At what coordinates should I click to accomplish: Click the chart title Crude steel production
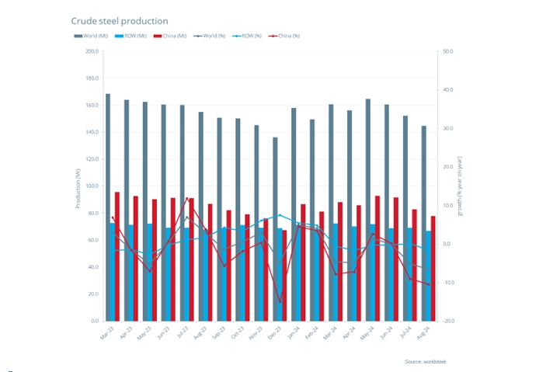coord(120,21)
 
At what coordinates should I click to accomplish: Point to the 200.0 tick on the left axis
coord(92,52)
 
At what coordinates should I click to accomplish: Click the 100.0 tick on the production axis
coord(92,186)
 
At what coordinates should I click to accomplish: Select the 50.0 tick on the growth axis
coord(448,52)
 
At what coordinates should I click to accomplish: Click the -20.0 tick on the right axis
coord(448,321)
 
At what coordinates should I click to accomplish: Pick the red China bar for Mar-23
coord(117,256)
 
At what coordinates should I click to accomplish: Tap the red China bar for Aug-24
coord(433,268)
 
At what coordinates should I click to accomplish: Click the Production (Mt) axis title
coord(78,186)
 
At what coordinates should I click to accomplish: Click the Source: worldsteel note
coord(426,362)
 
